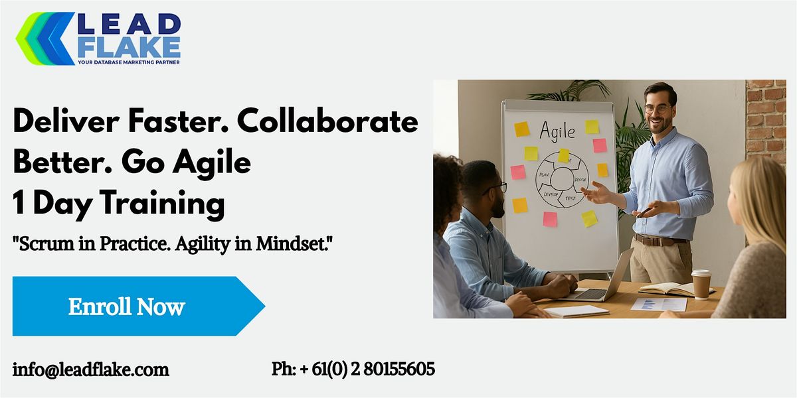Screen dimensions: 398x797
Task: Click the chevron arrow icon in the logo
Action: pos(44,38)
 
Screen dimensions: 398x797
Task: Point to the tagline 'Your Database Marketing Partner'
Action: pos(129,62)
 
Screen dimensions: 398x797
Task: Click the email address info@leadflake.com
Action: pos(91,369)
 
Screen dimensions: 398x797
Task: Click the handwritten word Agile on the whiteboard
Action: pos(557,131)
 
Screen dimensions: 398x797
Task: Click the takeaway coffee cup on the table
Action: pos(701,283)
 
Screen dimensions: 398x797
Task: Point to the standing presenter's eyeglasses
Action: pos(658,108)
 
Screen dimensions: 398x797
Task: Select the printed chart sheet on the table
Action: pos(658,304)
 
